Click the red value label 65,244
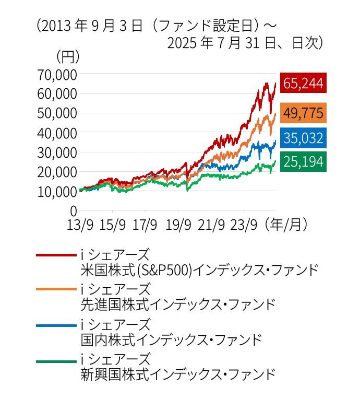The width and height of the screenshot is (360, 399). tap(303, 83)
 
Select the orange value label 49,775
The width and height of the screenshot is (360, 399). tap(303, 112)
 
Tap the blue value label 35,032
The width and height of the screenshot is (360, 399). tap(303, 138)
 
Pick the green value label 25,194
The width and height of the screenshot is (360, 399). tap(303, 161)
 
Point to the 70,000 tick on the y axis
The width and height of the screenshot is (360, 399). tap(57, 75)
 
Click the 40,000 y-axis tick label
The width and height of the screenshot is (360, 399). tap(57, 133)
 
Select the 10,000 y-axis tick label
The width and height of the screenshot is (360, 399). tap(57, 191)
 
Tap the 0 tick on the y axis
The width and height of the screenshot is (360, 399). tap(74, 210)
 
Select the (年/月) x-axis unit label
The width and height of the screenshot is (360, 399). tap(286, 225)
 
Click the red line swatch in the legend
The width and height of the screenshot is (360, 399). tap(56, 255)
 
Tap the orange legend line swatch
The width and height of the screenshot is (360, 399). tap(56, 288)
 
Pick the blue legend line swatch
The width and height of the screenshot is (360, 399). tap(56, 325)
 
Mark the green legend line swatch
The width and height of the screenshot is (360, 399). tap(56, 360)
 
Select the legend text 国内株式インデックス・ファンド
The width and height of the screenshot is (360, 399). tap(171, 340)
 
